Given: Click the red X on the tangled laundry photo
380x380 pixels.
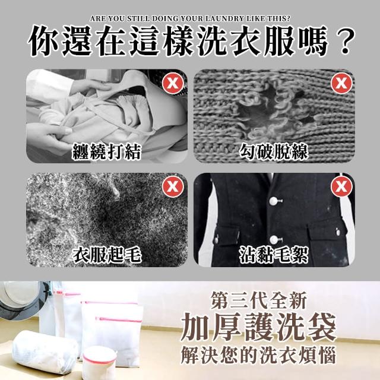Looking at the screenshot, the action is (x=173, y=84).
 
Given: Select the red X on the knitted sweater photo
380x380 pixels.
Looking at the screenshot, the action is (x=341, y=83).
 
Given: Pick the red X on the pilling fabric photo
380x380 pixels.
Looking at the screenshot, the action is (x=173, y=186).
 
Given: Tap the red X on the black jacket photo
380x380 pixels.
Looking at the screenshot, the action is (x=341, y=186).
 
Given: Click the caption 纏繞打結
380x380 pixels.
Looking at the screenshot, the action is (x=107, y=152).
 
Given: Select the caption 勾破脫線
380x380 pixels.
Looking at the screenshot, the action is (x=274, y=152).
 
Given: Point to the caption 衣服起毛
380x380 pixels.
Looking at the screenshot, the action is (x=107, y=255).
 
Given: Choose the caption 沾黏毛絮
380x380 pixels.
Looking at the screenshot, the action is (x=274, y=255).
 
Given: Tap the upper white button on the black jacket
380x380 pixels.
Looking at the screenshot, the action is (x=274, y=201).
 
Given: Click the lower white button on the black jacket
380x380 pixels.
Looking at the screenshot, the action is (x=274, y=239).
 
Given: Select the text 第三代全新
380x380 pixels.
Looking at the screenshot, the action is (x=259, y=300).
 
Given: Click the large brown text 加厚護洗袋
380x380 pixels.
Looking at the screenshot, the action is (x=259, y=327).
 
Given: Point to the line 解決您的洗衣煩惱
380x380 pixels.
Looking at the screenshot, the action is (x=259, y=355).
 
